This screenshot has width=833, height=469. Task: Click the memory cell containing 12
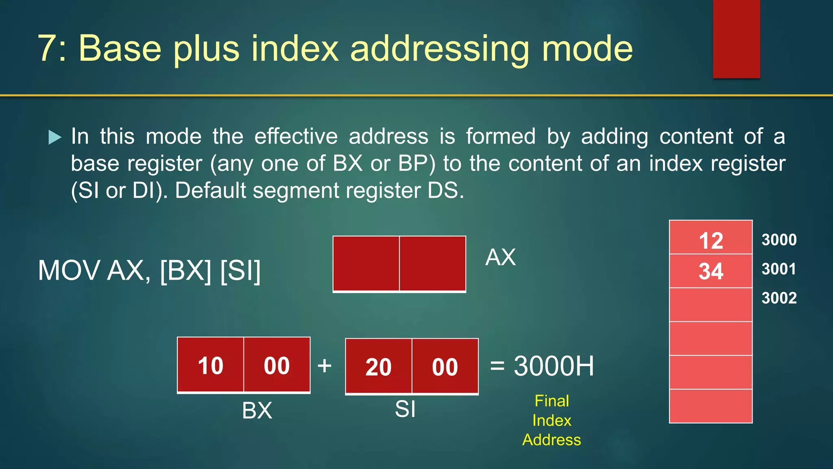[x=711, y=240]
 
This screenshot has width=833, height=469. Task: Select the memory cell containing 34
[x=711, y=271]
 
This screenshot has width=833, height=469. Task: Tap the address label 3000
[x=779, y=240]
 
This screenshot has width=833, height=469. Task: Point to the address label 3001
[x=779, y=269]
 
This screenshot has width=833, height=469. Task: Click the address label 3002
[x=779, y=298]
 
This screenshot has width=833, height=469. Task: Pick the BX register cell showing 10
[x=210, y=365]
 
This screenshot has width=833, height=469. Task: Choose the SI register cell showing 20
[x=378, y=367]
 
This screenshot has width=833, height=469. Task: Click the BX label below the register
[x=257, y=410]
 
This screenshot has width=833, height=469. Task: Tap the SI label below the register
[x=405, y=409]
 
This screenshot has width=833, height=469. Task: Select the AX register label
[x=500, y=257]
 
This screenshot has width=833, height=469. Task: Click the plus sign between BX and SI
[x=324, y=365]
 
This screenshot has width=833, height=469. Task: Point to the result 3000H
[x=553, y=366]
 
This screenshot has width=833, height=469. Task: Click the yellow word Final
[x=552, y=401]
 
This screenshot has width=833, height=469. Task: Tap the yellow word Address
[x=552, y=440]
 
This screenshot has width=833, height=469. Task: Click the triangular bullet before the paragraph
[x=55, y=137]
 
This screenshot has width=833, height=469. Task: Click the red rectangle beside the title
[x=736, y=39]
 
